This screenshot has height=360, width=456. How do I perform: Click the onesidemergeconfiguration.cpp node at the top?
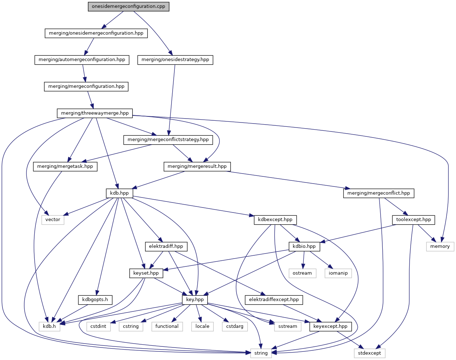pyautogui.click(x=128, y=6)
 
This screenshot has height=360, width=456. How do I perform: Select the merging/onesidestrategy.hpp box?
pyautogui.click(x=175, y=60)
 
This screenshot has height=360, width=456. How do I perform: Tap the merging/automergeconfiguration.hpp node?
pyautogui.click(x=82, y=60)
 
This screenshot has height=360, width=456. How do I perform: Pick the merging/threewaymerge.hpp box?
pyautogui.click(x=95, y=113)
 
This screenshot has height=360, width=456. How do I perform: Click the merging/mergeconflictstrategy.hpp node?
pyautogui.click(x=168, y=140)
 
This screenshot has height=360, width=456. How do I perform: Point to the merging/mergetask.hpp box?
pyautogui.click(x=65, y=166)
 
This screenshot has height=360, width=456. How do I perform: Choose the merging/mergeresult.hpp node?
pyautogui.click(x=197, y=166)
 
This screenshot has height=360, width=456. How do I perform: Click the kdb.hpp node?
pyautogui.click(x=119, y=193)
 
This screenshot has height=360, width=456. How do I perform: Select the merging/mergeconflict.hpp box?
pyautogui.click(x=379, y=193)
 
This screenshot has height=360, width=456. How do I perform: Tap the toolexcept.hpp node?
pyautogui.click(x=413, y=220)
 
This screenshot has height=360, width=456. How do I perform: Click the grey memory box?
pyautogui.click(x=440, y=246)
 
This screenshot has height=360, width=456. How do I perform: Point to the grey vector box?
pyautogui.click(x=53, y=220)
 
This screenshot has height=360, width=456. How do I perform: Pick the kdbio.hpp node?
pyautogui.click(x=304, y=246)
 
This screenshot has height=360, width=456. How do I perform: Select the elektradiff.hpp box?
pyautogui.click(x=166, y=246)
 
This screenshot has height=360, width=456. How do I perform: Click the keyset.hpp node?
pyautogui.click(x=146, y=273)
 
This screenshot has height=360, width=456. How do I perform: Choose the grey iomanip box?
pyautogui.click(x=338, y=273)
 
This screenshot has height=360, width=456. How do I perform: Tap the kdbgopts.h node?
pyautogui.click(x=95, y=300)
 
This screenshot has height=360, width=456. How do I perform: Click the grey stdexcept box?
pyautogui.click(x=370, y=353)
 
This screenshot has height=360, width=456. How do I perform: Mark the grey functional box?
pyautogui.click(x=167, y=326)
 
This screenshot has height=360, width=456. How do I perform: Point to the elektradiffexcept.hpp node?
pyautogui.click(x=274, y=300)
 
